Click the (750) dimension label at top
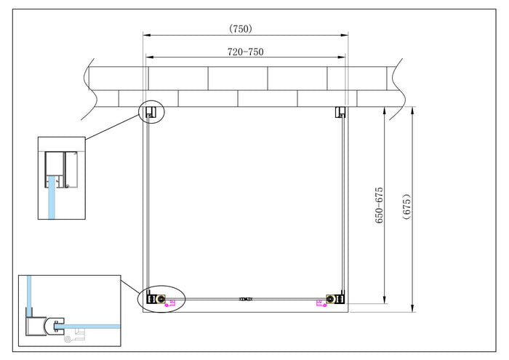tap(240, 29)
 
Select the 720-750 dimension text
tap(245, 52)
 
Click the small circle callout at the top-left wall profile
tap(153, 111)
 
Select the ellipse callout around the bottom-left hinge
tap(161, 299)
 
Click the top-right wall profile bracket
tap(340, 111)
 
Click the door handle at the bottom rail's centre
tap(246, 298)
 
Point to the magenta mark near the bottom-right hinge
tap(319, 304)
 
